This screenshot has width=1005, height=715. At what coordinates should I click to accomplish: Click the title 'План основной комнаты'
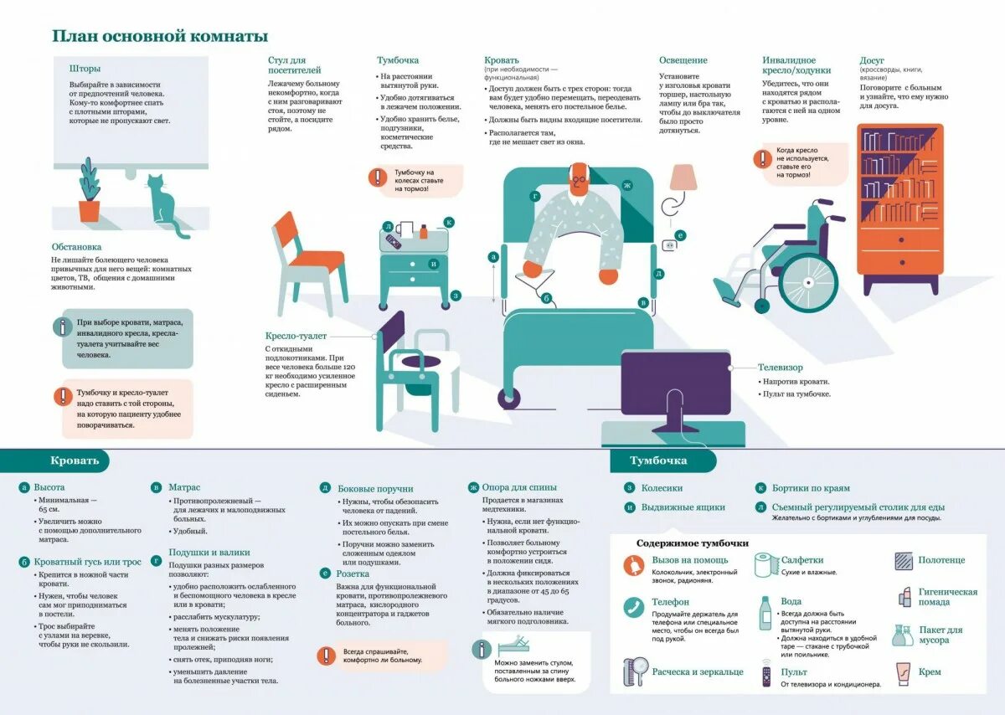click(x=160, y=37)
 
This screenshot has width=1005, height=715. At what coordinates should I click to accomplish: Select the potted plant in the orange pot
click(x=89, y=193)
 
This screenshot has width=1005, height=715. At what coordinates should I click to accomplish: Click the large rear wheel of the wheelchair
click(x=807, y=280)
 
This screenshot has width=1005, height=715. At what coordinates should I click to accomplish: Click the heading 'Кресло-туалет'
click(x=296, y=336)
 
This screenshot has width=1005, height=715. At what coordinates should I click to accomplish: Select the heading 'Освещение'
click(x=683, y=60)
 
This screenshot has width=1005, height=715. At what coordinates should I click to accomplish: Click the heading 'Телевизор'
click(x=780, y=368)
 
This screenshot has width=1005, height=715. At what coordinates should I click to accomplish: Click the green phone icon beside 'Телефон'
click(x=633, y=606)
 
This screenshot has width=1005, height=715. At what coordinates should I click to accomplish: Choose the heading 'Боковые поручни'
click(x=375, y=489)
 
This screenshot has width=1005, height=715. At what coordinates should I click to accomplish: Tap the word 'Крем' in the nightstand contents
click(x=930, y=671)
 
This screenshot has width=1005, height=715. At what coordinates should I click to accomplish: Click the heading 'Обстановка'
click(x=76, y=247)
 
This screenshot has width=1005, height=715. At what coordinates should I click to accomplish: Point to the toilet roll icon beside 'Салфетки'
click(x=764, y=564)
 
